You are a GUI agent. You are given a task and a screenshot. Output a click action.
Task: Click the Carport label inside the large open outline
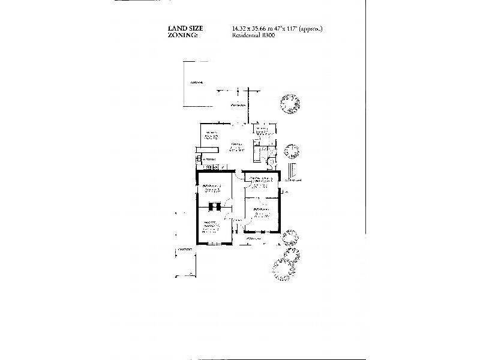(196, 82)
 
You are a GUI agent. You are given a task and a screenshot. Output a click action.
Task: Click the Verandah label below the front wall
(254, 239)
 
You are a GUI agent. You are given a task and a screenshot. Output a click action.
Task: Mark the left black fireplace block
(211, 208)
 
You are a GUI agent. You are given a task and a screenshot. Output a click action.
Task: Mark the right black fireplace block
(219, 208)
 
